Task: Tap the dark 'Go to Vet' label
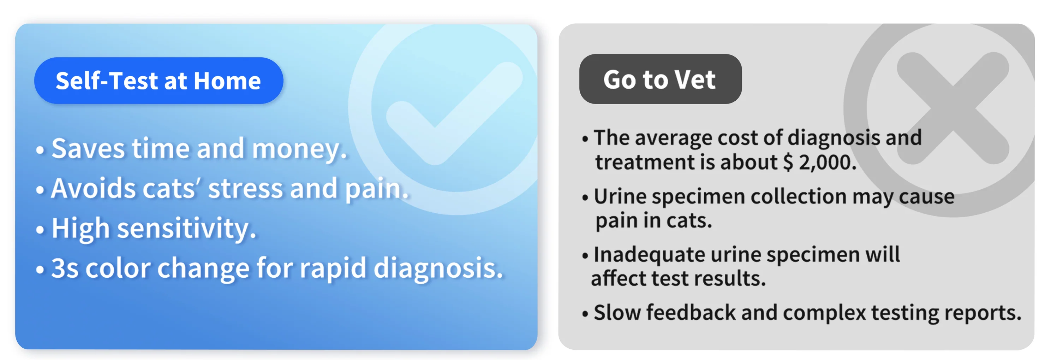[x=660, y=79]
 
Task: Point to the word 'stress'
[x=245, y=189]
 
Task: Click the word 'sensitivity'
[x=183, y=229]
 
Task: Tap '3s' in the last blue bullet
[x=65, y=268]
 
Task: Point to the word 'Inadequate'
[x=649, y=255]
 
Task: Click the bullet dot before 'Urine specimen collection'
[x=585, y=198]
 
